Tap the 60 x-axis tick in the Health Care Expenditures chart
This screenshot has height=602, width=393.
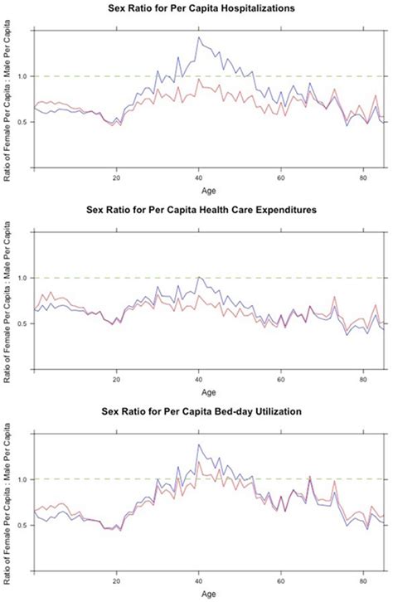(281, 378)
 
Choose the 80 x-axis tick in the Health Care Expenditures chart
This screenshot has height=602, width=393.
(363, 378)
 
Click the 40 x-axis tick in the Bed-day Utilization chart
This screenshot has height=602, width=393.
(199, 580)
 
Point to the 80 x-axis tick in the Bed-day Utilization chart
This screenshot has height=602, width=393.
(363, 580)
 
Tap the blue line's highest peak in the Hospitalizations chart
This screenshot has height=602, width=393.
(198, 37)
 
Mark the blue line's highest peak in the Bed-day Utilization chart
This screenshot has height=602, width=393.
(198, 444)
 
